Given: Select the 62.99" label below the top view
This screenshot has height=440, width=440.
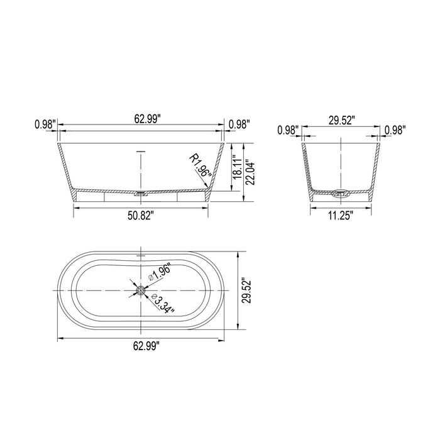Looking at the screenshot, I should coord(141,344).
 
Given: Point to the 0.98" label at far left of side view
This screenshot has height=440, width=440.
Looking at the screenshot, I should coord(45,124).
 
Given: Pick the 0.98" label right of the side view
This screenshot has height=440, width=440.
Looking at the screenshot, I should coord(239,124).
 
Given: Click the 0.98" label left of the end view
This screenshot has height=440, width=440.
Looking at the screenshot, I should coord(287,130).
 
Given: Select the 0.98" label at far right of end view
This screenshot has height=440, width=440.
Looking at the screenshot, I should coord(395,130).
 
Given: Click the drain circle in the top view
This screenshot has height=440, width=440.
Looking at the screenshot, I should coord(141,291).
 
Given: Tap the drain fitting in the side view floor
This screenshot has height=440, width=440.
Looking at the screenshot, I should coord(141,194).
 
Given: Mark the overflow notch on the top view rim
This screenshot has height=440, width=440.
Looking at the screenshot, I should coord(141,256).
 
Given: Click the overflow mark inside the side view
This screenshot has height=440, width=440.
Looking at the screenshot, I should coord(141,151).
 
